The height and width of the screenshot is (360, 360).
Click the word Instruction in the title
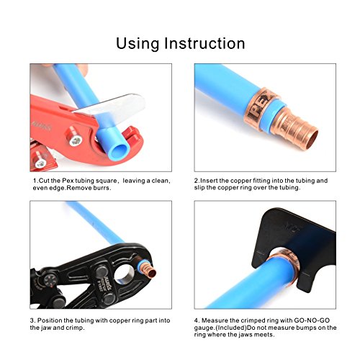point(204,43)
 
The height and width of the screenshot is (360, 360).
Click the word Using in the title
point(138,44)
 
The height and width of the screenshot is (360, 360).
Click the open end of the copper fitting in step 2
point(310,139)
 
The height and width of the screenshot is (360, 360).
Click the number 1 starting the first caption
point(35,181)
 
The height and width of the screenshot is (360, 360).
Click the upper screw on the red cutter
point(76,140)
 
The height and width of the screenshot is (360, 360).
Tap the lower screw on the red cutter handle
point(40,163)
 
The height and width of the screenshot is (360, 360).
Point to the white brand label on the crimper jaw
point(107,285)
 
